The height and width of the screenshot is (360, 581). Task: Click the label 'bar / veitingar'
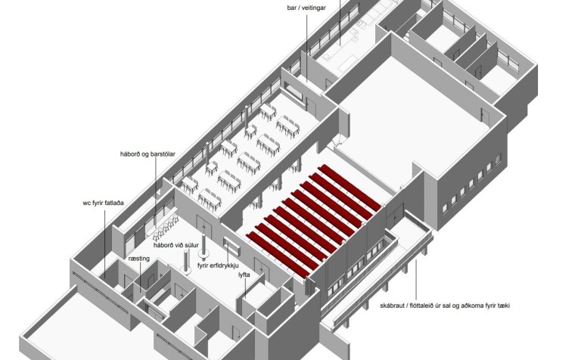pyautogui.click(x=306, y=8)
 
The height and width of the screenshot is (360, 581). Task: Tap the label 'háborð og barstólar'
pyautogui.click(x=148, y=154)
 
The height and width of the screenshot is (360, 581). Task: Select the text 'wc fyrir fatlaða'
pyautogui.click(x=104, y=203)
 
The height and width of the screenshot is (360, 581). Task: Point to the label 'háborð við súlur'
pyautogui.click(x=176, y=245)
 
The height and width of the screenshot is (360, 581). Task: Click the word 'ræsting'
pyautogui.click(x=139, y=259)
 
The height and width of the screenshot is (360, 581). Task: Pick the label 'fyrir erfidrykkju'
pyautogui.click(x=218, y=265)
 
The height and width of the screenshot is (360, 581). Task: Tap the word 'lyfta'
pyautogui.click(x=244, y=275)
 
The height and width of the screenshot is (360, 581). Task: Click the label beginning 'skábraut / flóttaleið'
pyautogui.click(x=445, y=306)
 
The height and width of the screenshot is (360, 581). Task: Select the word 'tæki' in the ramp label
pyautogui.click(x=504, y=306)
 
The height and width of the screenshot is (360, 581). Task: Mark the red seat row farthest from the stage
pyautogui.click(x=278, y=255)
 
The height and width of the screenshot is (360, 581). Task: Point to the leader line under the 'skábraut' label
pyautogui.click(x=415, y=280)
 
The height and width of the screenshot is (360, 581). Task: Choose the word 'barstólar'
pyautogui.click(x=163, y=154)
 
